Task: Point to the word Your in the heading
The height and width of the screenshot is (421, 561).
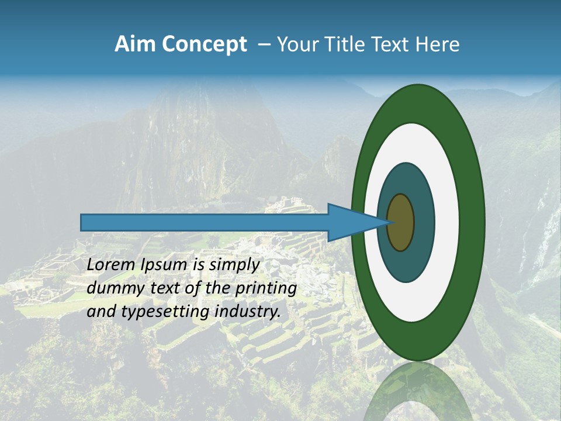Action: [x=296, y=44]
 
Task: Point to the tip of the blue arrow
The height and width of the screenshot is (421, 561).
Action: [x=388, y=222]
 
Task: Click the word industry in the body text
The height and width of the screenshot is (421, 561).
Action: [x=248, y=312]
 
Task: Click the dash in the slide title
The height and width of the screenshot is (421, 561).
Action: [x=264, y=45]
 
